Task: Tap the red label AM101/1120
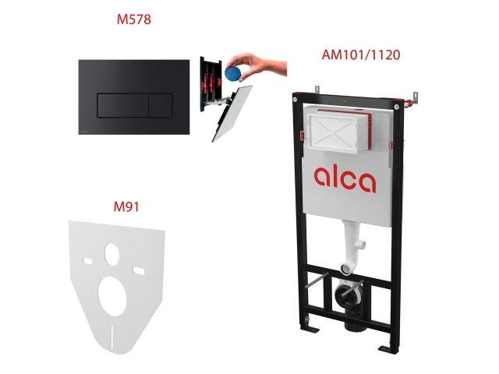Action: pos(356,55)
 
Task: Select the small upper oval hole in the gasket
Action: pos(113,253)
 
